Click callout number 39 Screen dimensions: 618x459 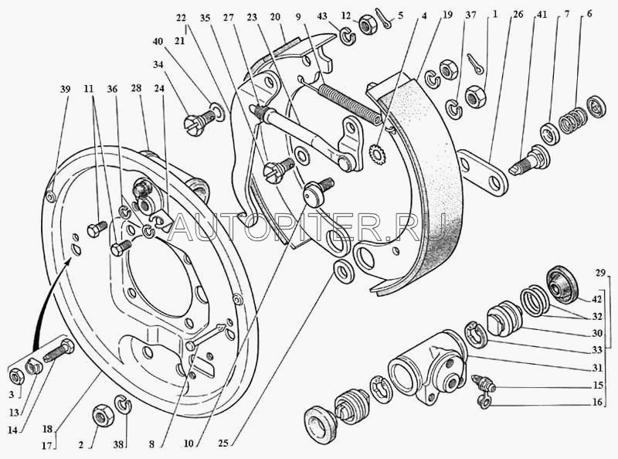(65, 89)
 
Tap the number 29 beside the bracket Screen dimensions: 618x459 (600, 273)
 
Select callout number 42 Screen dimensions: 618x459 (596, 299)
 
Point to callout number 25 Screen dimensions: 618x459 (223, 443)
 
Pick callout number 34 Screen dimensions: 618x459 (158, 64)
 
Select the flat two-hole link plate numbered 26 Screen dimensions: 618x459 (482, 173)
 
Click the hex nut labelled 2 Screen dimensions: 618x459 (104, 415)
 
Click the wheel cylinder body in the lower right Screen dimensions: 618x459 (428, 366)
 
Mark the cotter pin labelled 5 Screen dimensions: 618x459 (382, 25)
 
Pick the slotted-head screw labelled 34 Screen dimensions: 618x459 (199, 121)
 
